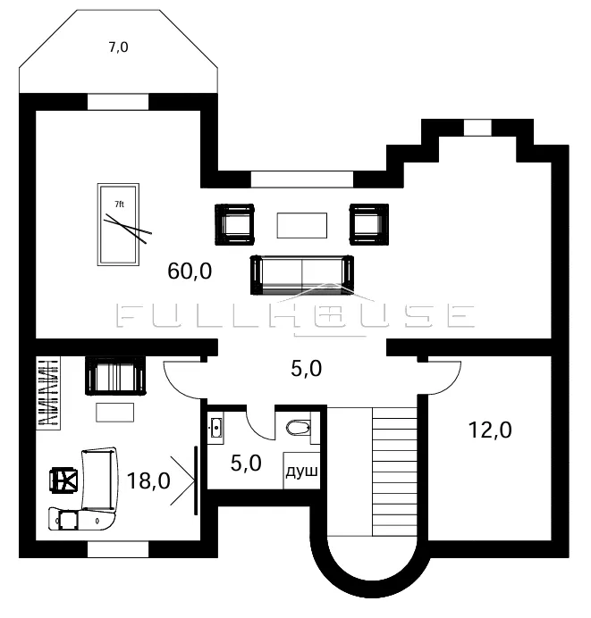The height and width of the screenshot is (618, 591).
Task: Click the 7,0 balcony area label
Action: point(118,47)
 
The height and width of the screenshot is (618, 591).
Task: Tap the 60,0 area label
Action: point(190,271)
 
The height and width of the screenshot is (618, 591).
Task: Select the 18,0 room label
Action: point(148,480)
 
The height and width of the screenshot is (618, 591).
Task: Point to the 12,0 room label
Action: point(490,430)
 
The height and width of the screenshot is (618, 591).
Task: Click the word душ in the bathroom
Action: point(301,471)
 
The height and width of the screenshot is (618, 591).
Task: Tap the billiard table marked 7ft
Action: point(118,225)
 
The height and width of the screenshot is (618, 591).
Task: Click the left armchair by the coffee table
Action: point(234,225)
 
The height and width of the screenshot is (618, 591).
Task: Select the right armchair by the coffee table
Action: point(369,225)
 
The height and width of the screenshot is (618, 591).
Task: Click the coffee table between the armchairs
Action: point(302,225)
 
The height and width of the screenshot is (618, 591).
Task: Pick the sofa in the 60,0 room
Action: point(302,275)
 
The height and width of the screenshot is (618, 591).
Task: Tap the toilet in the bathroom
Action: point(299,428)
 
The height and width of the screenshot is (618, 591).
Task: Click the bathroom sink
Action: point(215,428)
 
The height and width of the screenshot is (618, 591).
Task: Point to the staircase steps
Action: point(394,472)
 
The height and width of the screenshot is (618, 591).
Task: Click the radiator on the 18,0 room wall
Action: point(48,393)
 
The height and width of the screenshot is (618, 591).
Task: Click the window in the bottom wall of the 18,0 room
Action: point(118,549)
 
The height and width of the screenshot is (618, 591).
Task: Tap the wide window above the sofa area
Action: point(302,180)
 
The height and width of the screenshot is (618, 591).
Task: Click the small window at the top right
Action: point(477,128)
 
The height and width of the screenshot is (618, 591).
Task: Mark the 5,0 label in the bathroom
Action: point(246,463)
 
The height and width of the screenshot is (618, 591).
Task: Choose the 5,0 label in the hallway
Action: point(306,369)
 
